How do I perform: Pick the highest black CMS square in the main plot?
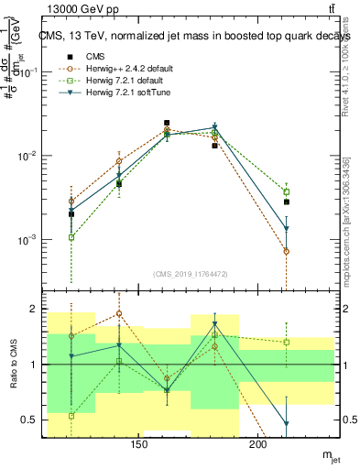[167, 123]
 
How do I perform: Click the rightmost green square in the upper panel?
[287, 191]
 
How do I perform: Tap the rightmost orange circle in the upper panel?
[287, 251]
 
